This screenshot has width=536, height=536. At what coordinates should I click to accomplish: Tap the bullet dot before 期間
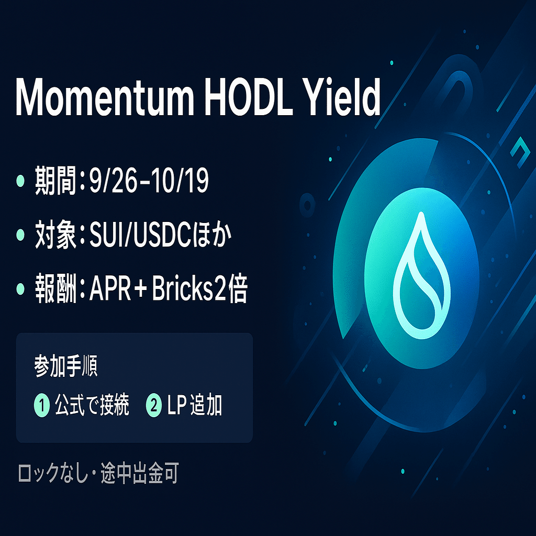[x=20, y=181]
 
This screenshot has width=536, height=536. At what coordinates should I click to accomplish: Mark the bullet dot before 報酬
[x=20, y=288]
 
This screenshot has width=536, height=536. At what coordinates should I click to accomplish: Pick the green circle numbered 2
[x=154, y=406]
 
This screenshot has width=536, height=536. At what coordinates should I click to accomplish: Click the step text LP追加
[x=195, y=406]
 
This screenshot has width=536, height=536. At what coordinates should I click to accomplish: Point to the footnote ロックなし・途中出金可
[x=98, y=474]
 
